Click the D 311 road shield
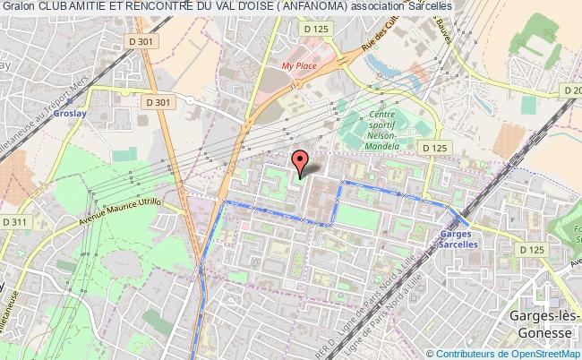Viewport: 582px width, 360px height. (13, 221)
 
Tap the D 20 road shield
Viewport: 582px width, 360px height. (571, 90)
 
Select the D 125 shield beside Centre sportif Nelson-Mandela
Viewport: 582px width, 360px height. (434, 148)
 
